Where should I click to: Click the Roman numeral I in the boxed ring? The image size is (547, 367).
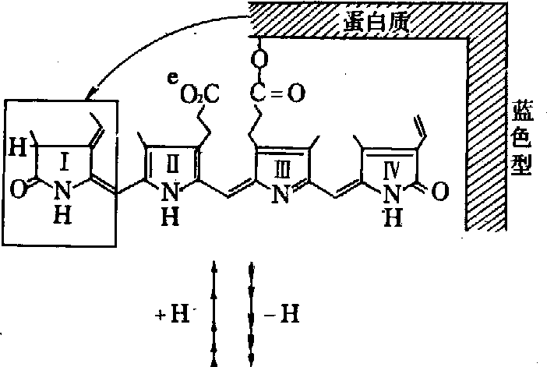tap(65, 162)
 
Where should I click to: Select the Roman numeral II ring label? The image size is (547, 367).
tap(174, 161)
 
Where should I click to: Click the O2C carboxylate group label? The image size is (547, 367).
tap(199, 94)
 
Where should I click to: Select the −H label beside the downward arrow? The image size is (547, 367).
tap(286, 316)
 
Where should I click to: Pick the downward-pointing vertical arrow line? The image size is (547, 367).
tap(251, 312)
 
